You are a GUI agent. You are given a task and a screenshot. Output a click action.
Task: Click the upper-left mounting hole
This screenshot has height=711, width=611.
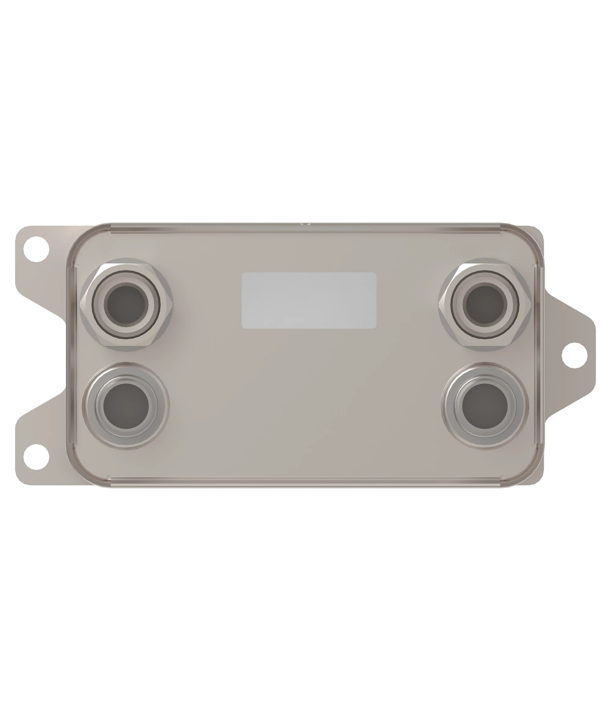coord(36,249)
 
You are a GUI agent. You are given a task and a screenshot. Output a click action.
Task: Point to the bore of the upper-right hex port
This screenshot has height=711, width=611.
coord(485,306)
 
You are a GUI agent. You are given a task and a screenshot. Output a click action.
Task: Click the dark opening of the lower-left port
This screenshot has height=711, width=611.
coord(127,405)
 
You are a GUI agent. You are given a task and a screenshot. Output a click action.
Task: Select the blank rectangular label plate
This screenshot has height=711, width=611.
coord(309,300)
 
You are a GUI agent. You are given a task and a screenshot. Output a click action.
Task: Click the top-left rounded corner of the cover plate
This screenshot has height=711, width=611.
coord(78,236)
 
